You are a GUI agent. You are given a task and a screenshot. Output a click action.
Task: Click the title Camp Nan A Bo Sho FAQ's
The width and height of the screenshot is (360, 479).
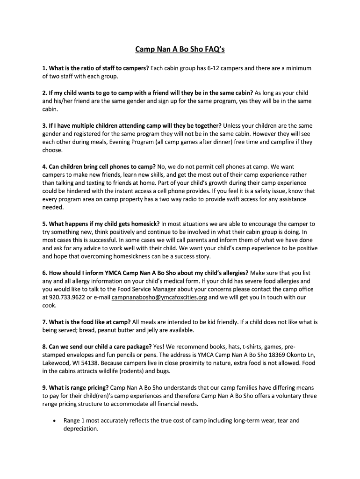180,49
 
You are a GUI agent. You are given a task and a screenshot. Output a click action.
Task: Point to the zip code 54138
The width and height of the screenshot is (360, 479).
93,363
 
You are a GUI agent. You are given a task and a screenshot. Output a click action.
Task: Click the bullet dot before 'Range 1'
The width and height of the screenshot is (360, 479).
55,421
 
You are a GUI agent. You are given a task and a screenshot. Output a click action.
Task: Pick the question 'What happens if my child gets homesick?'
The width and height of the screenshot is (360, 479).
104,224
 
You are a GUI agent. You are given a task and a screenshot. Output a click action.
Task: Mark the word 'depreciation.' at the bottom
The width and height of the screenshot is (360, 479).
81,428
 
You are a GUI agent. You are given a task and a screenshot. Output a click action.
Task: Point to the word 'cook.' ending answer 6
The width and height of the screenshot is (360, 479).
49,305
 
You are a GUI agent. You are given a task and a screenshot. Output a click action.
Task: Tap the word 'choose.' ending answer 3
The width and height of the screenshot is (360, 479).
52,150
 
